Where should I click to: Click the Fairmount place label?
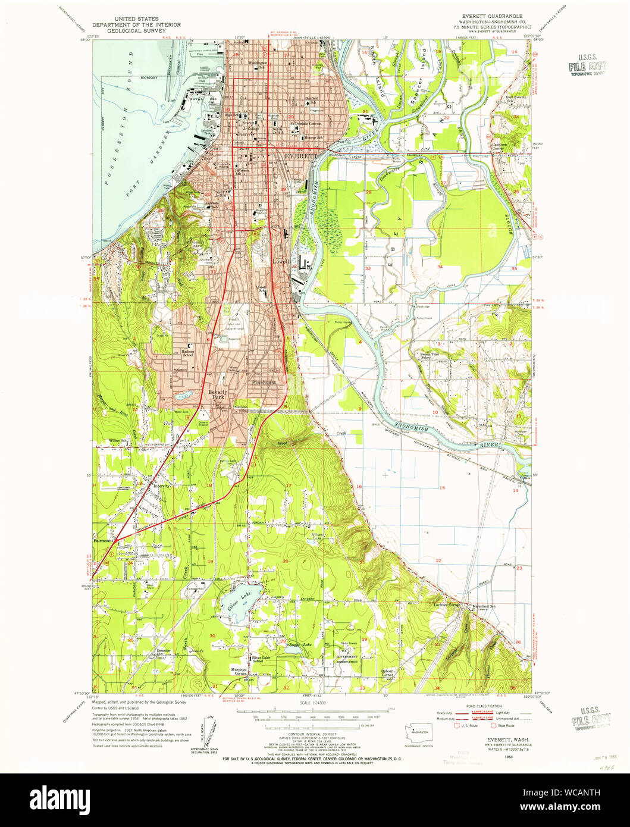103,541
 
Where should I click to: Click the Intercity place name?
161,485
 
